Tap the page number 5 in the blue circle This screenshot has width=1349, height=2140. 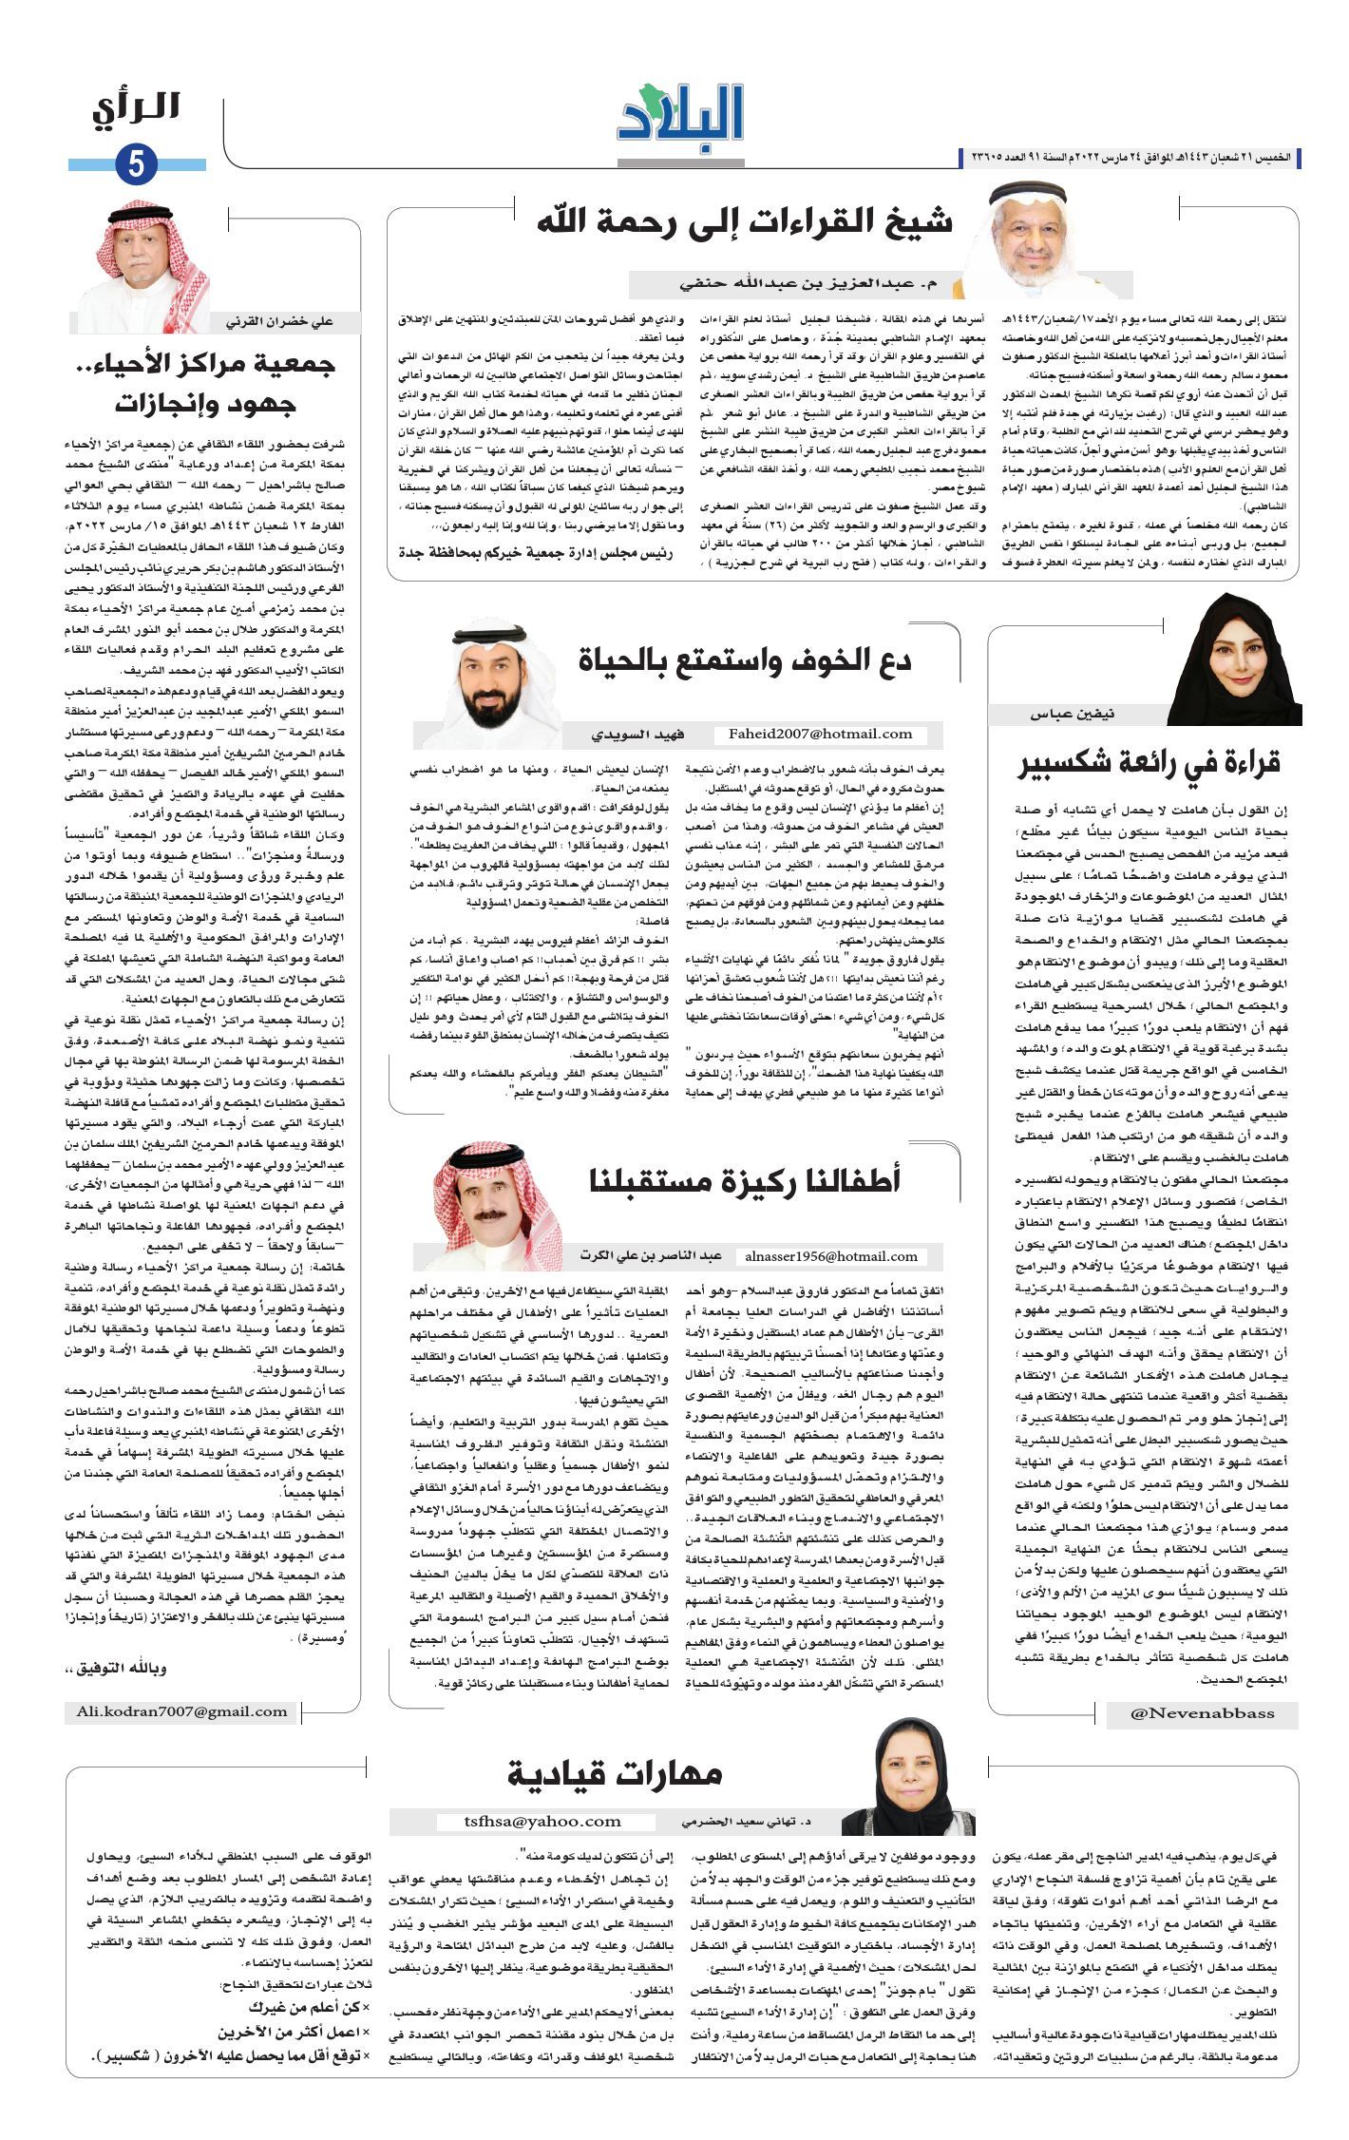(x=136, y=165)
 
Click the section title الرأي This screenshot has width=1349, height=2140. (x=136, y=108)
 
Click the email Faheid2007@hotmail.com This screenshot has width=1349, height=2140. (x=820, y=734)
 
